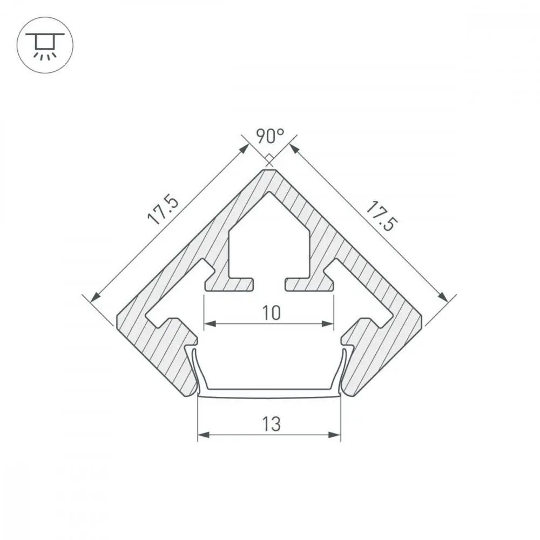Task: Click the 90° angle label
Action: click(271, 136)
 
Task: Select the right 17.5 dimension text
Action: click(382, 217)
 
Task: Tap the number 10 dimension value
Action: click(272, 313)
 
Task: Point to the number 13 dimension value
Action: click(272, 424)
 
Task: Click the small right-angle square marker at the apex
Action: click(269, 159)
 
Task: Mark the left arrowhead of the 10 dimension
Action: click(210, 323)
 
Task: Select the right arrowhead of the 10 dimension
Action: click(328, 323)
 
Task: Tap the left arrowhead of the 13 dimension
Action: click(204, 435)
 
